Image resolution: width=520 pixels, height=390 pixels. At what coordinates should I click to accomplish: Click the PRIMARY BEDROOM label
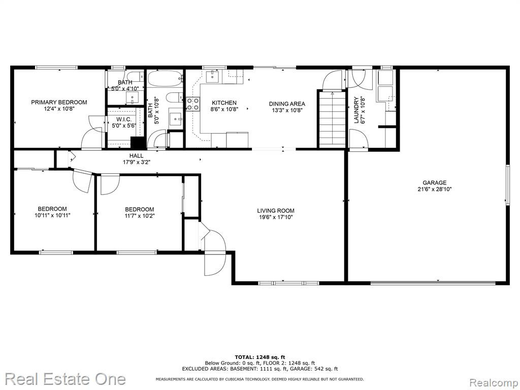(x=59, y=102)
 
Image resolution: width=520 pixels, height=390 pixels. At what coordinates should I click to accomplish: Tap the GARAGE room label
(x=434, y=183)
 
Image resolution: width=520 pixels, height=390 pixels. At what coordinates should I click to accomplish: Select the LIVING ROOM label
(x=276, y=211)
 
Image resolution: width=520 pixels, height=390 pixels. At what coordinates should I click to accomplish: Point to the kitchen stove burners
(x=192, y=104)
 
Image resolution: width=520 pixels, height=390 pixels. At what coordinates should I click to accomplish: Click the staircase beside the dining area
(x=332, y=120)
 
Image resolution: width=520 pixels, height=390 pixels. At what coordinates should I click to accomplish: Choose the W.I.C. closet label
(x=124, y=119)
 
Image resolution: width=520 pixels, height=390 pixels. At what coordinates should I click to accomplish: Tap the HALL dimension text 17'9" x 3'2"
(x=136, y=162)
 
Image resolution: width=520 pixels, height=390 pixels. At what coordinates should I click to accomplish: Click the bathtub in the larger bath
(x=165, y=79)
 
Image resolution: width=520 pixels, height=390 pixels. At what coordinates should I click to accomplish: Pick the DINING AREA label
(x=287, y=104)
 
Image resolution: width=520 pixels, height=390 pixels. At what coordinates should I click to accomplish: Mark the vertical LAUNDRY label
(x=356, y=110)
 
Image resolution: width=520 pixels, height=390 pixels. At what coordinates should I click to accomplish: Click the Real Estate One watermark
(x=65, y=379)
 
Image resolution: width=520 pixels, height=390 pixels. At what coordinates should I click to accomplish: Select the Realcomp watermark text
(x=493, y=383)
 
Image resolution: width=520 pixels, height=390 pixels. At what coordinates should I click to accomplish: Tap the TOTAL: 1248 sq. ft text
(x=259, y=357)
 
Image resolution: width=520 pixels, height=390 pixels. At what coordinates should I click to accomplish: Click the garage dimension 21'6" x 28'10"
(x=434, y=189)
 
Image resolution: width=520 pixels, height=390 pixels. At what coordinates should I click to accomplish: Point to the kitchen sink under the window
(x=212, y=77)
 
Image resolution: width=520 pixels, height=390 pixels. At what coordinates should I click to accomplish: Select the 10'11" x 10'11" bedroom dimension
(x=52, y=215)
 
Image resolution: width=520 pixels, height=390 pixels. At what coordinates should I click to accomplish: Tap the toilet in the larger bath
(x=174, y=97)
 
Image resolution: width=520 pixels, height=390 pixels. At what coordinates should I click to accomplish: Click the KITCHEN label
(x=224, y=103)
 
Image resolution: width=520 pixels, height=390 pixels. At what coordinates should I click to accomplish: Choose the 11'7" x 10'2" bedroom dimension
(x=139, y=215)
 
